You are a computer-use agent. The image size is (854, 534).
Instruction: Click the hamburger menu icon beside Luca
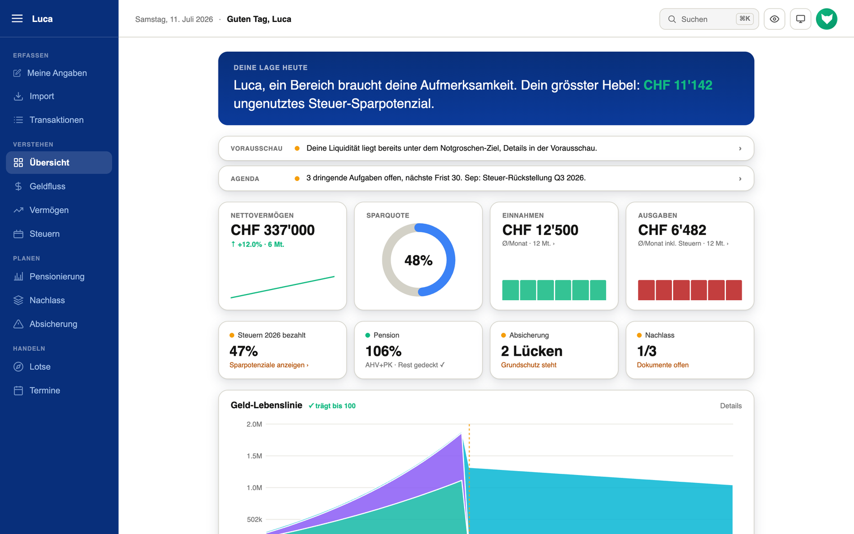tap(17, 19)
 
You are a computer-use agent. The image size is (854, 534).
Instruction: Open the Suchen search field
tap(708, 19)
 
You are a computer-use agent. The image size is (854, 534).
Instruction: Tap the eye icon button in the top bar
tap(774, 19)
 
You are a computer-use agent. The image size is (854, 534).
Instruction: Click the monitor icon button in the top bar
tap(800, 19)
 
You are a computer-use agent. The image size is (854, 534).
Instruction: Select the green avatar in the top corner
tap(826, 19)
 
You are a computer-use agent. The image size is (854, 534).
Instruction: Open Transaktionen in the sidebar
tap(56, 120)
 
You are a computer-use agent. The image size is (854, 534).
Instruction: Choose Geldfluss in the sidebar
tap(47, 186)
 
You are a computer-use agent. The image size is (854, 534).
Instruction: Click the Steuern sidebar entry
tap(44, 234)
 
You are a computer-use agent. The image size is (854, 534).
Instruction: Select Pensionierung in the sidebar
tap(57, 277)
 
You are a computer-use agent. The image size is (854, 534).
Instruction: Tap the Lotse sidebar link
tap(40, 366)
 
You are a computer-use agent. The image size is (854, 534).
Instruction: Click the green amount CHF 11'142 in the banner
tap(678, 85)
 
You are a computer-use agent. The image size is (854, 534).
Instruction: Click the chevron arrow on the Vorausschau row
tap(740, 148)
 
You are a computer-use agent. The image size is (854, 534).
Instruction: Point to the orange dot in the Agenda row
tap(297, 178)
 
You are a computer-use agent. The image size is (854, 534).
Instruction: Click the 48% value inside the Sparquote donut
tap(418, 260)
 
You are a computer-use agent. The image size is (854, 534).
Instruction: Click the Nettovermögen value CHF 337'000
tap(272, 230)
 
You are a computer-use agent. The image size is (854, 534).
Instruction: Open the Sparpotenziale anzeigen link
tap(269, 365)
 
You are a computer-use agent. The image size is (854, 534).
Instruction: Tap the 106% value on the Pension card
tap(383, 351)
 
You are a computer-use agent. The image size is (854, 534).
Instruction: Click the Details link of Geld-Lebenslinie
tap(731, 406)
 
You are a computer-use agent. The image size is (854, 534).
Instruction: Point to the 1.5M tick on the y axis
tap(255, 456)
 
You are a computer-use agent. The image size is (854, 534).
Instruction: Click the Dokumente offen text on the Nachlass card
tap(662, 365)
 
